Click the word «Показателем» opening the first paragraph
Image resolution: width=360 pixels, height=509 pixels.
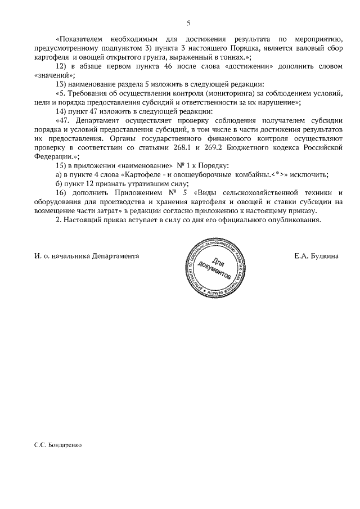pos(80,39)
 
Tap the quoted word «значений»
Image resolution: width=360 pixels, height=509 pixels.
pos(52,75)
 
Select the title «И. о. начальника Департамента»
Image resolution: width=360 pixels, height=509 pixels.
pos(86,256)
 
